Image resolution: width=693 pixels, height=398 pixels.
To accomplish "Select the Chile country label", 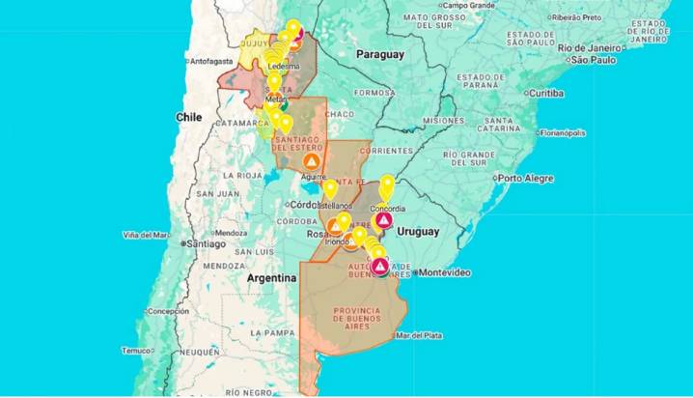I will [x=188, y=116].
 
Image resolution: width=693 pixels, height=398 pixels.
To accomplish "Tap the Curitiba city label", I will [x=545, y=93].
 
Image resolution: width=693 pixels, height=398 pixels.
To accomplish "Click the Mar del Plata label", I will [x=419, y=335].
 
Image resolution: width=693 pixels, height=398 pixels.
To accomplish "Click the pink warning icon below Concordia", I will [x=384, y=220].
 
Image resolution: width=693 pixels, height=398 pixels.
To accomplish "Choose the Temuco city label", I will [x=135, y=351].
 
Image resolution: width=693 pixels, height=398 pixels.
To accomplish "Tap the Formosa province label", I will [x=375, y=93].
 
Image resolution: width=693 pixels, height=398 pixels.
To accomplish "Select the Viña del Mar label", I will [x=147, y=235].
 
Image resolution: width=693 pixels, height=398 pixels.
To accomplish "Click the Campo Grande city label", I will [x=468, y=5].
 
